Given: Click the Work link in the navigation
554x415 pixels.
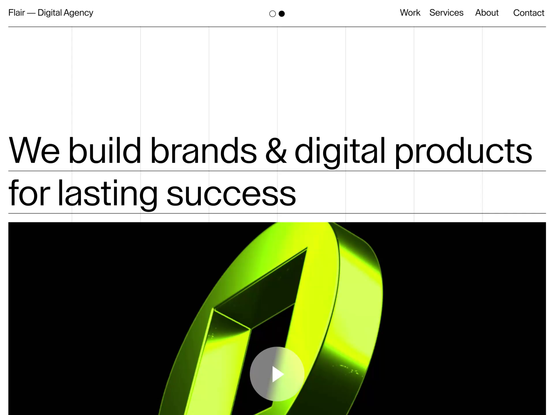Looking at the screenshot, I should (x=410, y=13).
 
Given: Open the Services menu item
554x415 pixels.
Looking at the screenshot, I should (x=446, y=13).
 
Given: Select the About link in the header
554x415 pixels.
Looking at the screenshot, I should (x=487, y=13).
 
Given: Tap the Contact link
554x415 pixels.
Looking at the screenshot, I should (x=529, y=13).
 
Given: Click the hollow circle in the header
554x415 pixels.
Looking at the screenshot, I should (x=272, y=14).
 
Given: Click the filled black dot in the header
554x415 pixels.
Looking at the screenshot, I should (x=282, y=14).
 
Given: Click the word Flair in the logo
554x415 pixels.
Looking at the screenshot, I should (x=16, y=13).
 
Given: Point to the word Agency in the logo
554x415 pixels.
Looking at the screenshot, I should (x=78, y=13).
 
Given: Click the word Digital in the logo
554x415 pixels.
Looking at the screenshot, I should (x=50, y=13).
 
